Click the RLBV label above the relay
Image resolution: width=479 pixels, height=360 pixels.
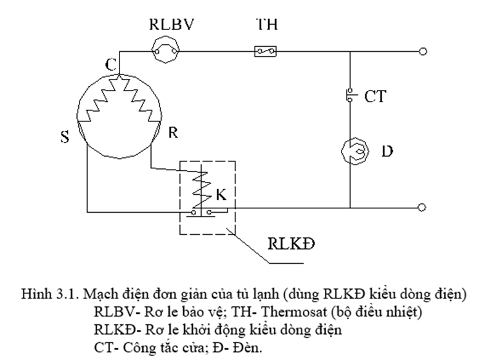coord(171,25)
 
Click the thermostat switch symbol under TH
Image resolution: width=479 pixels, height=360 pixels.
coord(266,52)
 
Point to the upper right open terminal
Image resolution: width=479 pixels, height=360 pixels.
coord(422,52)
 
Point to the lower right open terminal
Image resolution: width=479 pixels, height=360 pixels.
coord(422,208)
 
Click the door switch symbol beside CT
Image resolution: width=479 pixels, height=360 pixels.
coord(349,95)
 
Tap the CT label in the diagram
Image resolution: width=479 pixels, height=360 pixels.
coord(374,97)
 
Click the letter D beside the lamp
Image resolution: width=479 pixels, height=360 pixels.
coord(387,151)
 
